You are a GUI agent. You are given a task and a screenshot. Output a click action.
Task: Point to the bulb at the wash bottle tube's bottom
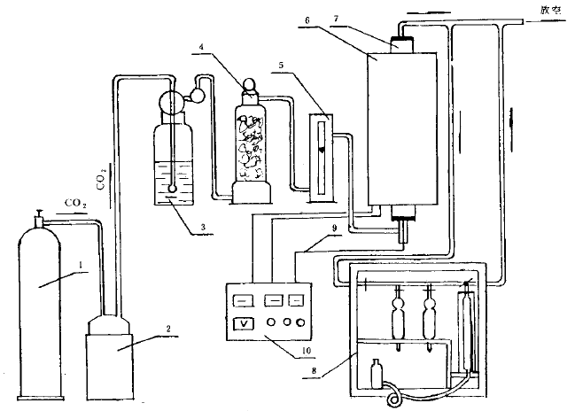171,188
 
